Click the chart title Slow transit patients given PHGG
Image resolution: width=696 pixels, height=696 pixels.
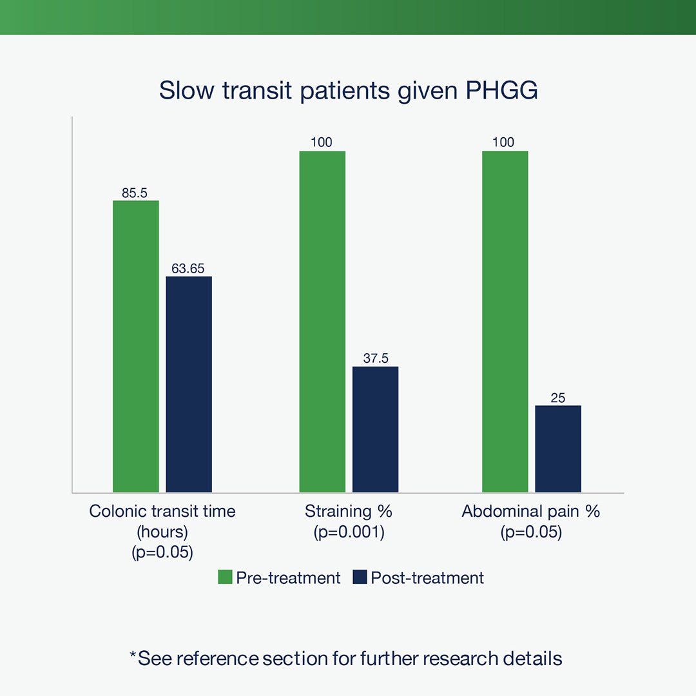coord(348,90)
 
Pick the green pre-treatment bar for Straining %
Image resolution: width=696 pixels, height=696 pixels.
coord(322,322)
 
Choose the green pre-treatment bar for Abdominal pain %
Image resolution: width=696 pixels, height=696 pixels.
coord(505,322)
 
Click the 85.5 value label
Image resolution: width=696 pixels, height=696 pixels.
coord(135,192)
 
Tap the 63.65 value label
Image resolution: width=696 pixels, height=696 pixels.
coord(188,268)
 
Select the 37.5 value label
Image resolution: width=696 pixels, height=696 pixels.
coord(375,358)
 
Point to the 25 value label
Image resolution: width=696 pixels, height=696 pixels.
coord(558,398)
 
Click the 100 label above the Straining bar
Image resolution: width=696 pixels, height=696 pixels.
coord(322,142)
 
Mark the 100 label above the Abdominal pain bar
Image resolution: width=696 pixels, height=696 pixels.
coord(504,142)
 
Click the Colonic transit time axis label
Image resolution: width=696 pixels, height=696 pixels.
coord(162,512)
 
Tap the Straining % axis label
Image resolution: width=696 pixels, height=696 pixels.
coord(349,512)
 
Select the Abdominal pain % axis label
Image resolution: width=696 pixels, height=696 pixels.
coord(531,512)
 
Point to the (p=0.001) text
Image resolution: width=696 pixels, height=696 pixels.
coord(349,532)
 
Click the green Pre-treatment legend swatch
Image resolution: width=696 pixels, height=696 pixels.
coord(225,577)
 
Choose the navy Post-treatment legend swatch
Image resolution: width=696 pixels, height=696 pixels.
coord(359,577)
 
